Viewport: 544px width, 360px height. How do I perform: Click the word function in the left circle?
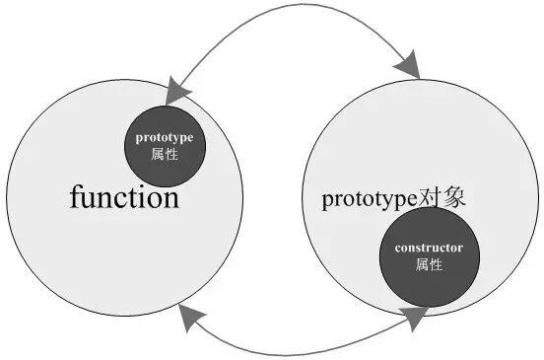124,198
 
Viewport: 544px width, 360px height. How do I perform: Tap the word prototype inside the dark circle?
165,138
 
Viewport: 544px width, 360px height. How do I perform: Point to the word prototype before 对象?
364,198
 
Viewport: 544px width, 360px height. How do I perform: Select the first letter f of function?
75,197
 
